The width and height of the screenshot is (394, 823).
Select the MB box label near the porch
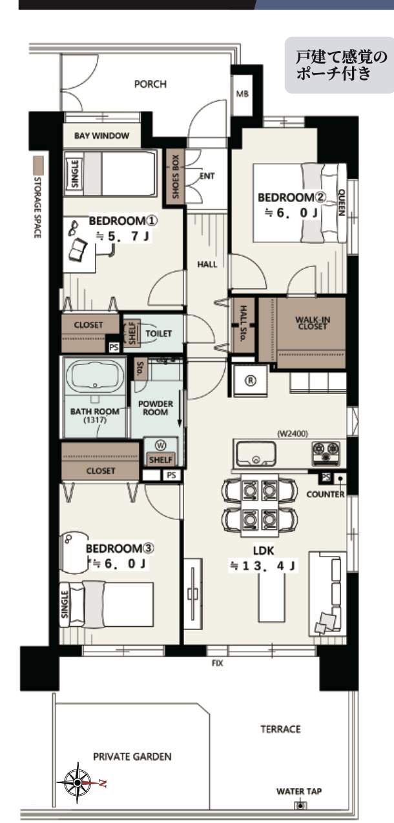242,94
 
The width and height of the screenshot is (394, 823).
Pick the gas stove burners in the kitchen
326,452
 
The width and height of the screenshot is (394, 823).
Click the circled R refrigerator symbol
250,381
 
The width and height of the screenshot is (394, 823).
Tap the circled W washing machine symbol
161,445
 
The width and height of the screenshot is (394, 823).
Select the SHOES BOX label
175,177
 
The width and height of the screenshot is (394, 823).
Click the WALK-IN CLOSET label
313,323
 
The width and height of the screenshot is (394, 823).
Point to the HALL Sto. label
243,324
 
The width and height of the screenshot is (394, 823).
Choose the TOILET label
158,333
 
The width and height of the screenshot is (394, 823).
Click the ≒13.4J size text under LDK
262,566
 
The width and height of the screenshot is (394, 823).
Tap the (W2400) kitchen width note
293,433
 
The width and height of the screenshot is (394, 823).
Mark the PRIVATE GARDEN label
132,757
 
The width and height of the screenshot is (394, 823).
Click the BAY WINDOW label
102,135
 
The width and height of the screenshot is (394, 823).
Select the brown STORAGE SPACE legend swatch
38,165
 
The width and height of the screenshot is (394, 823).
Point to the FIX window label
218,663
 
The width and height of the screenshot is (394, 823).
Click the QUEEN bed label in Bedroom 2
341,202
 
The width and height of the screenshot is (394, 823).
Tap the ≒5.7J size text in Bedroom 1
123,236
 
